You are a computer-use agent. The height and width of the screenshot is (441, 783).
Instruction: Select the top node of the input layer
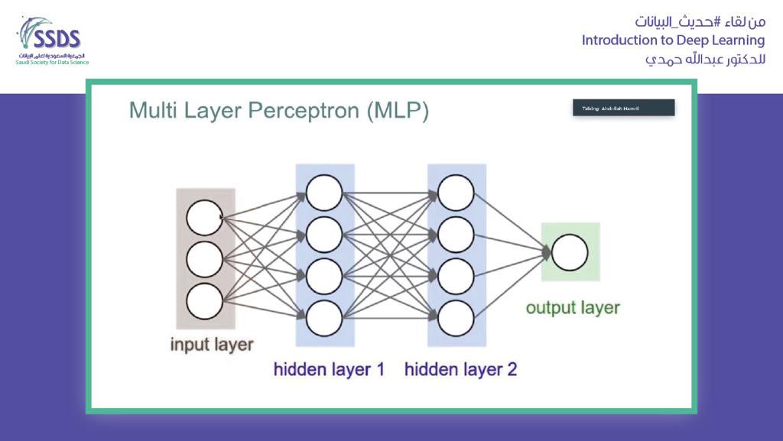click(204, 218)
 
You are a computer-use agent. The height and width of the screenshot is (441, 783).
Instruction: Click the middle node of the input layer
click(204, 260)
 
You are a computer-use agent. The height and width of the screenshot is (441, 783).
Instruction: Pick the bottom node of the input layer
click(204, 301)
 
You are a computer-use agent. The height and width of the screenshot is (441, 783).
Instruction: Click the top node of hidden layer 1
click(324, 193)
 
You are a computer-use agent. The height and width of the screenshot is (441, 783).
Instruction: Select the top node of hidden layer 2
click(456, 193)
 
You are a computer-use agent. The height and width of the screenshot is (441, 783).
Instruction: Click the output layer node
click(570, 253)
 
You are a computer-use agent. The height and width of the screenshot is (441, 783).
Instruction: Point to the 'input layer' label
click(211, 344)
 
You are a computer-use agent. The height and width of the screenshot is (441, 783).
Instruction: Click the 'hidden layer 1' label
click(329, 370)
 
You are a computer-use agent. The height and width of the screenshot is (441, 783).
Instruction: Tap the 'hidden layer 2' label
click(460, 370)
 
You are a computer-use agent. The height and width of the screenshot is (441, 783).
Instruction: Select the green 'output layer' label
click(573, 308)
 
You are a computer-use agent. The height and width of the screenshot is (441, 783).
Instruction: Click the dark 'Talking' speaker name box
click(623, 109)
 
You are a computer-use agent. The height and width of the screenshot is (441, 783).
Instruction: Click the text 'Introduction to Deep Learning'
click(673, 40)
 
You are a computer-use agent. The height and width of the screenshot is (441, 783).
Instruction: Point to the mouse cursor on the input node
click(221, 217)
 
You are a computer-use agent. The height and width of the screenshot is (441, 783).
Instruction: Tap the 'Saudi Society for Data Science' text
click(52, 62)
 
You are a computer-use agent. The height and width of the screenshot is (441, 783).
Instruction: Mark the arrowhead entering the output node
click(546, 251)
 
